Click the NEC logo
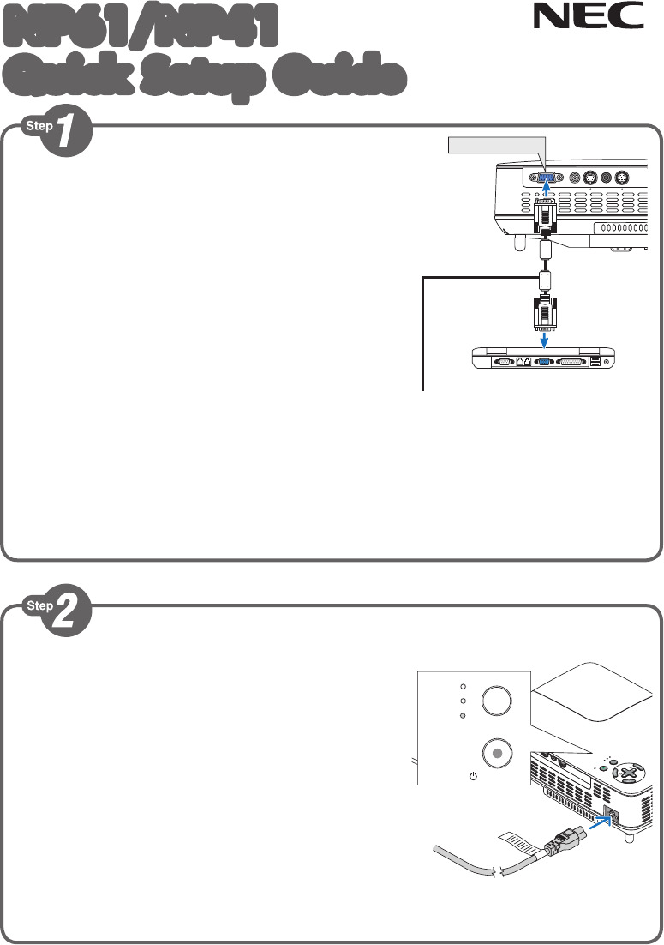coord(589,17)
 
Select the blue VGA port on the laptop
coord(543,362)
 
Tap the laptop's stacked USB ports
coord(595,362)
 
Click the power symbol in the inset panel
coord(471,776)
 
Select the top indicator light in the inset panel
coord(462,687)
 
